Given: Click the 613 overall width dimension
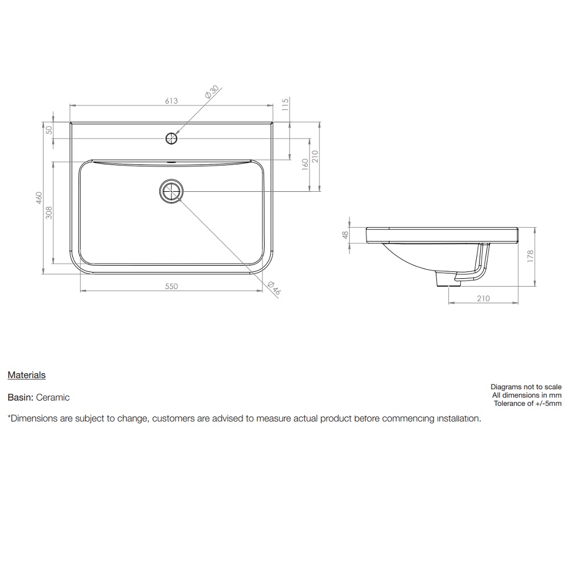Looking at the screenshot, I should pos(171,101).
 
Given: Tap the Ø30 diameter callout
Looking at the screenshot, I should pos(212,93).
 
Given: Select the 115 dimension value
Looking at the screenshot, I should pos(285,104).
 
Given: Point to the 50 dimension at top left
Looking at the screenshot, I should pos(50,130).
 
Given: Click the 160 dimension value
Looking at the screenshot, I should pos(305,164).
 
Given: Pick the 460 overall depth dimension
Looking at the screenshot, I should pos(39,198).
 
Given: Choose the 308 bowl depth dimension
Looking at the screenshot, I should pos(49,213).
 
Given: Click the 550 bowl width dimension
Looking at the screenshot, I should pos(171,286).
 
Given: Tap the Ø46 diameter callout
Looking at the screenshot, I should pos(274,288).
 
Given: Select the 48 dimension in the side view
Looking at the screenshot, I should pos(344,235).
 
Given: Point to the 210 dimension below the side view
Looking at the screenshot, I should pos(483,299).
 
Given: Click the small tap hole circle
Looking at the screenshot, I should pos(171,138).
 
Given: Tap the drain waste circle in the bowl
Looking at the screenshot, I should pos(171,191).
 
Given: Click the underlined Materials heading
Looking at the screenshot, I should pos(26,375).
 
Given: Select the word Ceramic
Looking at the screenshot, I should pos(54,397).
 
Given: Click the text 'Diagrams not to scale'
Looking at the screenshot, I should pos(526,387).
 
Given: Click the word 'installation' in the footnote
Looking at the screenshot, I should pos(458,418).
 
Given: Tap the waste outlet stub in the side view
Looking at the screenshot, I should pos(444,279).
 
